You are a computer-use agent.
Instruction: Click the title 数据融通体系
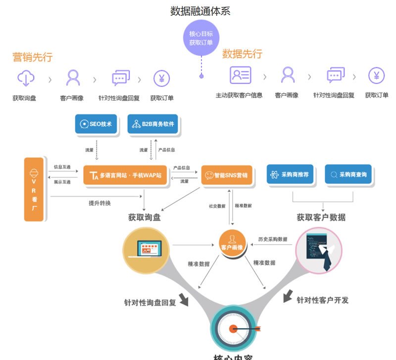(x=200, y=11)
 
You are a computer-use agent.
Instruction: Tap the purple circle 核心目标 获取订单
(x=201, y=38)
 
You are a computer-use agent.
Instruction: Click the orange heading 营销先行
(x=33, y=57)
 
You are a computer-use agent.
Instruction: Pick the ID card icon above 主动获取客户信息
(x=241, y=75)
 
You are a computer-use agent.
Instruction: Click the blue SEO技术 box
(x=97, y=124)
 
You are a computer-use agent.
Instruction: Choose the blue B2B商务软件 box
(x=154, y=124)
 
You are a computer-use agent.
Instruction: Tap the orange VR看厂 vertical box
(x=34, y=189)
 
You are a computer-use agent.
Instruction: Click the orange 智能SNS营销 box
(x=227, y=175)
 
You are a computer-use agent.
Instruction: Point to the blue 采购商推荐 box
(x=290, y=174)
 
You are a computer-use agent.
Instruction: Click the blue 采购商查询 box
(x=348, y=174)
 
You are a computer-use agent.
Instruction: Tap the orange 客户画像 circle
(x=232, y=243)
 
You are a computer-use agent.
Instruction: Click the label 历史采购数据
(x=272, y=239)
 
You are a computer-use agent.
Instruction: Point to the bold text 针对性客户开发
(x=322, y=300)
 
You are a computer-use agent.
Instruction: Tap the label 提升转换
(x=99, y=204)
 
